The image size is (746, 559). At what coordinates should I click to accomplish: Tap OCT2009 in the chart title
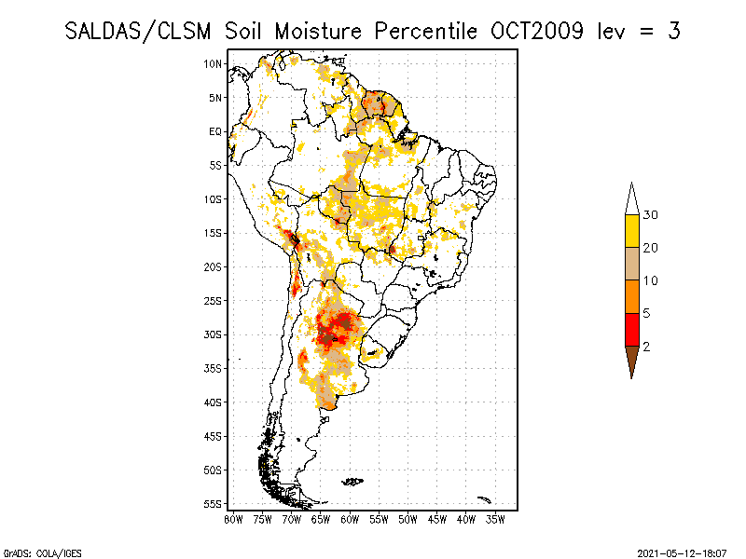click(540, 31)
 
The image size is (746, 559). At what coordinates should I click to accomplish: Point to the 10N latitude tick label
click(213, 63)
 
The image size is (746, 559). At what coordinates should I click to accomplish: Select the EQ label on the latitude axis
click(215, 131)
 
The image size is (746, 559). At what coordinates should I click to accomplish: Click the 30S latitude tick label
click(213, 334)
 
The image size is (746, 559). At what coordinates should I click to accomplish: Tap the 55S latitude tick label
click(213, 504)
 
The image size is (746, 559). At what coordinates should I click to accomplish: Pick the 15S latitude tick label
click(213, 233)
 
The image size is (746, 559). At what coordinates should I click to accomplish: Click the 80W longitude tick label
click(233, 519)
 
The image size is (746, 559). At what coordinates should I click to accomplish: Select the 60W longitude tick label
click(350, 519)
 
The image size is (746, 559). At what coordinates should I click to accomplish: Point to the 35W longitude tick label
click(495, 519)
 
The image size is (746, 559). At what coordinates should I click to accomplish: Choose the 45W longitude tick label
click(437, 519)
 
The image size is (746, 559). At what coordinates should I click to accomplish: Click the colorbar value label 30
click(651, 215)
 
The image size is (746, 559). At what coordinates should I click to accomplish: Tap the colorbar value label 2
click(646, 346)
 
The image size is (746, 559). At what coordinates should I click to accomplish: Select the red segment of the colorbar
click(632, 329)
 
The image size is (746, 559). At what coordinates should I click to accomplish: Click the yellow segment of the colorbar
click(632, 231)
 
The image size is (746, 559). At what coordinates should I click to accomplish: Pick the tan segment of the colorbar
click(632, 264)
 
